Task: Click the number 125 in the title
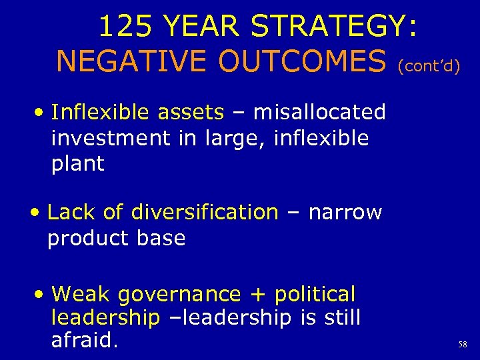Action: (x=125, y=27)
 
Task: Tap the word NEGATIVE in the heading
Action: (x=127, y=62)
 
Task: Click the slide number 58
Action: (x=463, y=345)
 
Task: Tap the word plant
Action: (x=77, y=164)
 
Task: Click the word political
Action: (x=315, y=294)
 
